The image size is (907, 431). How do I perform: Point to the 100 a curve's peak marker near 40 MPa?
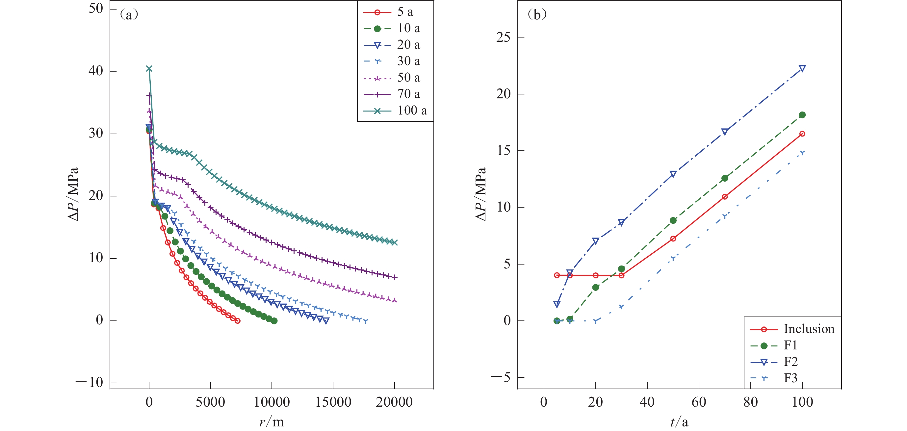(x=149, y=69)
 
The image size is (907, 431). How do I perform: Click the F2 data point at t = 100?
(x=802, y=68)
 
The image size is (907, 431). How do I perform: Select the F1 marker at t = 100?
(x=802, y=115)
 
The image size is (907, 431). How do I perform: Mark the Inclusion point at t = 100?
(x=802, y=134)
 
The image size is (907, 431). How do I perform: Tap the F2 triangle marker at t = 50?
(x=673, y=174)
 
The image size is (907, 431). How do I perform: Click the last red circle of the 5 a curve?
(x=238, y=321)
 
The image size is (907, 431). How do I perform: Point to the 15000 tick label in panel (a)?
(x=333, y=402)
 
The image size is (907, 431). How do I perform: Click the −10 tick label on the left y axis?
(x=90, y=382)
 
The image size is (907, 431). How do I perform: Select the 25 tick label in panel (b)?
(x=503, y=37)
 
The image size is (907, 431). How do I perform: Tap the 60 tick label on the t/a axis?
(x=699, y=402)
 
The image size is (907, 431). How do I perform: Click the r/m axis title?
(x=272, y=422)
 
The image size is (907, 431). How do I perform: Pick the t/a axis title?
(x=679, y=422)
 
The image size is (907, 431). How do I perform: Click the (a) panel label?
(x=129, y=14)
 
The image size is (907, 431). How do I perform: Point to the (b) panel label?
(x=536, y=14)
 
